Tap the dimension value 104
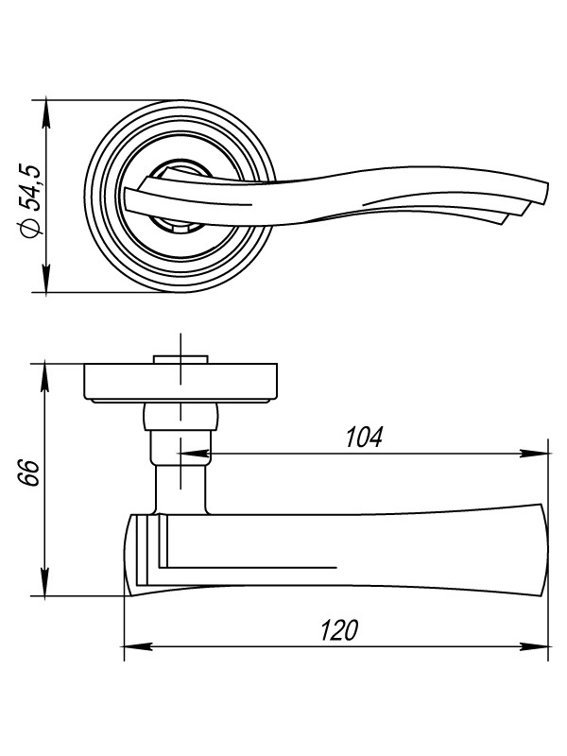[x=365, y=438]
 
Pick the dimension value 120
[x=340, y=630]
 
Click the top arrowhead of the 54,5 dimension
[x=45, y=113]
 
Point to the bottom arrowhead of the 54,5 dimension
[x=45, y=278]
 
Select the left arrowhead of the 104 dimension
[x=194, y=454]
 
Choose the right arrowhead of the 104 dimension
[x=534, y=454]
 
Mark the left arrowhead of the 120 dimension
[x=139, y=646]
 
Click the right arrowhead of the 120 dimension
[x=534, y=646]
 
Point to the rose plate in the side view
[x=180, y=383]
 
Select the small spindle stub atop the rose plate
[x=180, y=360]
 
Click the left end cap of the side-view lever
[x=141, y=555]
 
